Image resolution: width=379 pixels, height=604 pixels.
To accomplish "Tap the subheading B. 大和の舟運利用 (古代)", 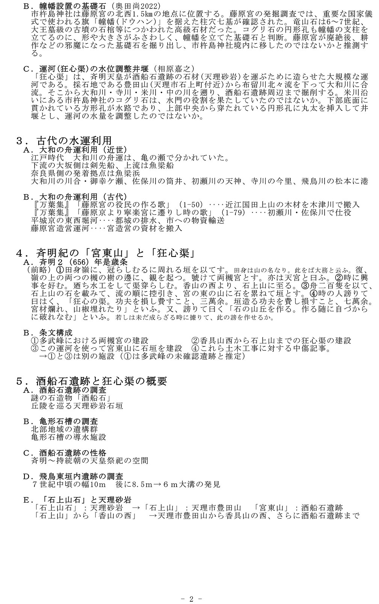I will click(x=75, y=197).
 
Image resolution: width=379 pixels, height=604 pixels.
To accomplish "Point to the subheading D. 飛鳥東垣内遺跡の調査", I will click(x=73, y=476).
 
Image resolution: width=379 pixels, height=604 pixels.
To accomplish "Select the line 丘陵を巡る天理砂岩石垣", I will click(x=77, y=406).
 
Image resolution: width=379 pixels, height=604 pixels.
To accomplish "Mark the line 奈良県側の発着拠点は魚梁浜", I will click(x=86, y=173).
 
